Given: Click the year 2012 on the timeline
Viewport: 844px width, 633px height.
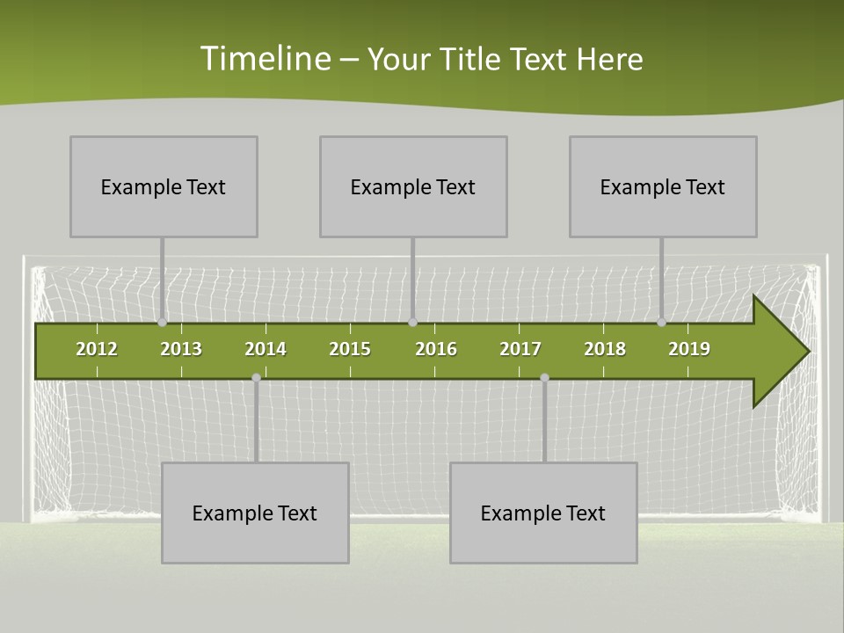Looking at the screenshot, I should (97, 349).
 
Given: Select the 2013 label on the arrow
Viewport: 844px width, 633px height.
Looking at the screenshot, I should (181, 349).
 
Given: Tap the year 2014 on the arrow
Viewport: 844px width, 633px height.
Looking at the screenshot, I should (266, 349).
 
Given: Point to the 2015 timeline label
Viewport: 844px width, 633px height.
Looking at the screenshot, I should (350, 349).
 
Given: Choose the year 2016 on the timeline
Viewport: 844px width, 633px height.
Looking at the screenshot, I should (436, 349).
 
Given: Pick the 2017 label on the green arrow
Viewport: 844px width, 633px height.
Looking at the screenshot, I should (520, 349).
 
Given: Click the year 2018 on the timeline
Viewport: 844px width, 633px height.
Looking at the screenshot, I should (605, 349).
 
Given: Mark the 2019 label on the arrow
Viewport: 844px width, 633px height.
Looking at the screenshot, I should (689, 349).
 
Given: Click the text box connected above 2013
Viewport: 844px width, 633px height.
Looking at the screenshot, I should (164, 186).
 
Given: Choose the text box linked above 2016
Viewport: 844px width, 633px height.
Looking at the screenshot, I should (413, 186).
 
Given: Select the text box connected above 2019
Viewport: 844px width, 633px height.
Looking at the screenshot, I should (663, 186).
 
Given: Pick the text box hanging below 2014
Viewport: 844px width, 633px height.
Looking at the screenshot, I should (255, 513).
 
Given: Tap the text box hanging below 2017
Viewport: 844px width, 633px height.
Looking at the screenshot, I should (543, 513).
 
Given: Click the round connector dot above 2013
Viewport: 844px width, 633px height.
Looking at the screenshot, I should (163, 323).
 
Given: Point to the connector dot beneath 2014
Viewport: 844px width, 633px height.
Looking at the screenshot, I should (256, 377).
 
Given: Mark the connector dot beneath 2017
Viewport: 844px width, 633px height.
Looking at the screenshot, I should (544, 377).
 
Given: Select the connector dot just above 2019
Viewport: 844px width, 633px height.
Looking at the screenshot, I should (662, 323).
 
